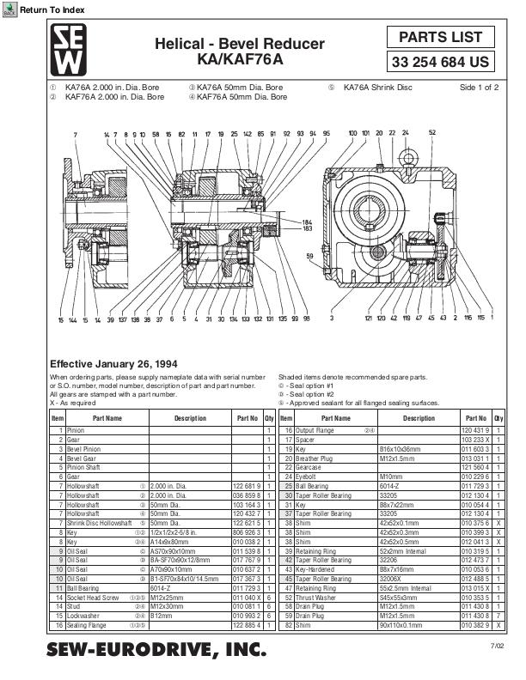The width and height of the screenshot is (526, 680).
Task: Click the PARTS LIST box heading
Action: tap(441, 38)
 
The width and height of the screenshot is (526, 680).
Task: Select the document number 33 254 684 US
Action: tap(441, 63)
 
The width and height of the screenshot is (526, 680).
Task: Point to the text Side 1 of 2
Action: tap(479, 88)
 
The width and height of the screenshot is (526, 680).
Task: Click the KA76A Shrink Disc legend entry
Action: tap(377, 88)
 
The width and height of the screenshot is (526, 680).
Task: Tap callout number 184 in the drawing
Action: tap(307, 222)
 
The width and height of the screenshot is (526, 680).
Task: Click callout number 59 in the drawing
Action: tap(310, 255)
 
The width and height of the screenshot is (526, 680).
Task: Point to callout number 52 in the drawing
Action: tap(431, 133)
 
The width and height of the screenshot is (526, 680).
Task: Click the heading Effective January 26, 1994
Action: tap(113, 363)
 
